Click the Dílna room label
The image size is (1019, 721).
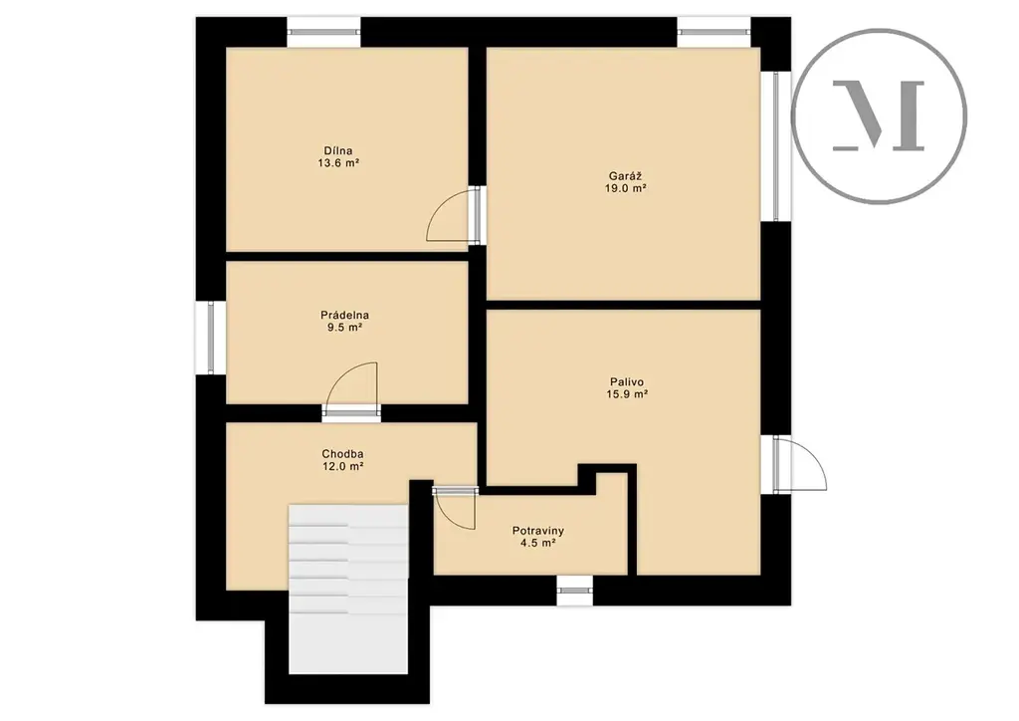click(x=338, y=151)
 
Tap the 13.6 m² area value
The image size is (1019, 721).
click(x=338, y=164)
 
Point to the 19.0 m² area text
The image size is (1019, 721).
click(x=626, y=188)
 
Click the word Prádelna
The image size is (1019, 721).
click(x=344, y=316)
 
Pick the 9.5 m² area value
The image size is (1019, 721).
click(x=344, y=328)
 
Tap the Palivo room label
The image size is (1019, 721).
click(x=627, y=382)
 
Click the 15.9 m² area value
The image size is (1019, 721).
click(x=627, y=394)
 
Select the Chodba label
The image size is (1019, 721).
click(x=342, y=454)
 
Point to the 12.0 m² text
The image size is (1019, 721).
click(x=342, y=466)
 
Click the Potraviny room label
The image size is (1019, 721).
click(x=538, y=531)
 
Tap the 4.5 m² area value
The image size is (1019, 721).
click(x=537, y=543)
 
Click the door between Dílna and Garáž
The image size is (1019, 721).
click(x=456, y=215)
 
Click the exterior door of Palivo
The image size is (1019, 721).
click(x=799, y=463)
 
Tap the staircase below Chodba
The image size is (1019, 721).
click(x=348, y=589)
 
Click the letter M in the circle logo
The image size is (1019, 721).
click(x=879, y=116)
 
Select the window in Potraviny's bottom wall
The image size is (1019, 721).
click(x=575, y=591)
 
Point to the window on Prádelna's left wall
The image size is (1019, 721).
click(x=211, y=337)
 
